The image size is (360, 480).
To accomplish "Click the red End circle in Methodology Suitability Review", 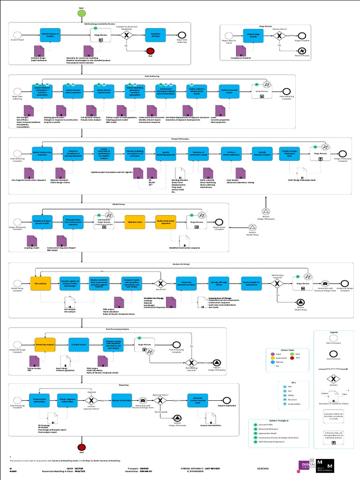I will (x=150, y=51).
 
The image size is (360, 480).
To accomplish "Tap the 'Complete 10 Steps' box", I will (x=156, y=35).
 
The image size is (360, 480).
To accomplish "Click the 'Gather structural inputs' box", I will (x=228, y=91).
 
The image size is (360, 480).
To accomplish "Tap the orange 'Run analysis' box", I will (x=40, y=284).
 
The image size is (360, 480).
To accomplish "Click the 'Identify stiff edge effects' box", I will (x=219, y=284).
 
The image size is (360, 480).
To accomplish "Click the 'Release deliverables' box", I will (x=121, y=400).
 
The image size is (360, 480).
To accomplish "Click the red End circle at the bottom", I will (x=82, y=448).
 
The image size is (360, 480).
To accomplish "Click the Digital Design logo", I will (x=307, y=465).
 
